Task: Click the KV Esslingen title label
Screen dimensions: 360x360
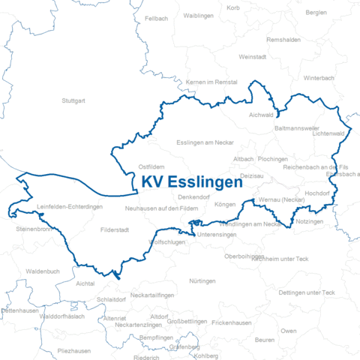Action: point(192,182)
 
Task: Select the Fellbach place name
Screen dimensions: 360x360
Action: point(156,17)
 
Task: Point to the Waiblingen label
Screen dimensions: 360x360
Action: point(199,15)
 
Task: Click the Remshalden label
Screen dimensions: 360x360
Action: point(283,39)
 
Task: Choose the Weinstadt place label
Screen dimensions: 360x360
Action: point(252,56)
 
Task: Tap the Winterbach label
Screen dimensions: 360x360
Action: point(319,77)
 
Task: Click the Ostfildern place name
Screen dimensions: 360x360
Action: point(151,166)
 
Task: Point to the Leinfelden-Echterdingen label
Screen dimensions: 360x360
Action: point(70,206)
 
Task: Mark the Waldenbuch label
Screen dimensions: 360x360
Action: point(42,271)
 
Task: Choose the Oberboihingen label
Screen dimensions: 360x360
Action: point(244,256)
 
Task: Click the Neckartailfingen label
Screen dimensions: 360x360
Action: point(152,295)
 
